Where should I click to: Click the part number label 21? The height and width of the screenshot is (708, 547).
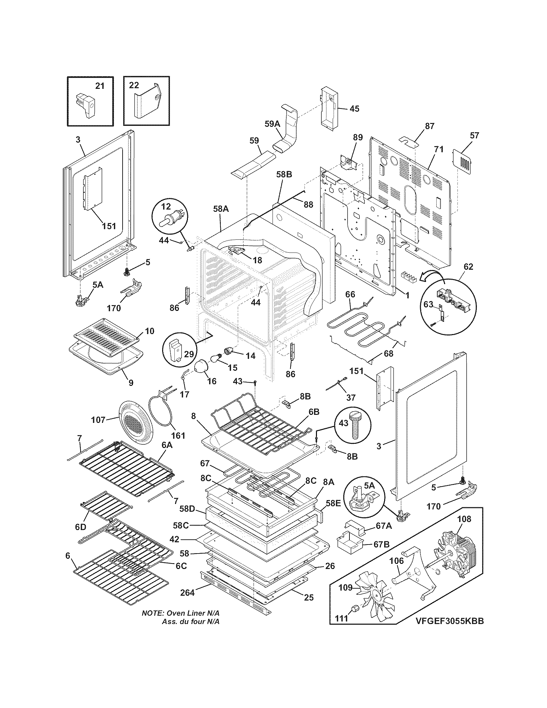tap(100, 86)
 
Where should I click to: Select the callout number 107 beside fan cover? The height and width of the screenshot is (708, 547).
tap(98, 420)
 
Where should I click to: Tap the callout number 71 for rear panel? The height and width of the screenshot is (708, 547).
tap(439, 150)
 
